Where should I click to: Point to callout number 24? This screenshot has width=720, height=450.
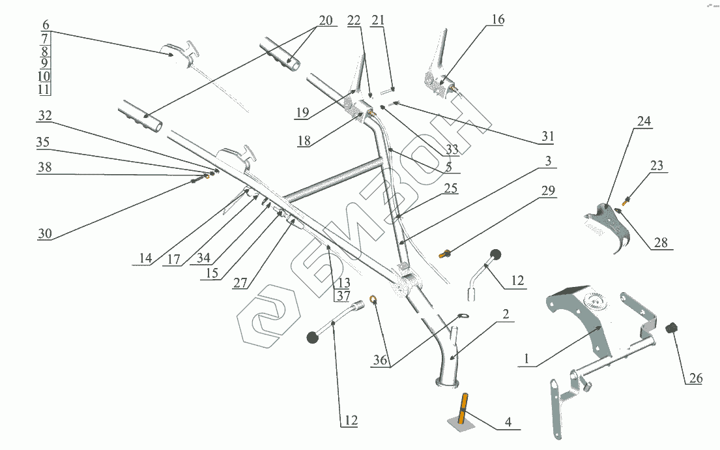[644, 121]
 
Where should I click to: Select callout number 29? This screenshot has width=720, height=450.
[548, 190]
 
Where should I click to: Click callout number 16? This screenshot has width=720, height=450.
[497, 20]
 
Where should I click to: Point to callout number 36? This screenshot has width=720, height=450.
[382, 359]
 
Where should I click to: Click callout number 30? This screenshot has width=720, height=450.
[44, 233]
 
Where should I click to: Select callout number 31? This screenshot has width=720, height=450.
[547, 136]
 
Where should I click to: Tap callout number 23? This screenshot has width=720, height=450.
[656, 166]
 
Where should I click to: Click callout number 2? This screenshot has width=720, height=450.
[505, 314]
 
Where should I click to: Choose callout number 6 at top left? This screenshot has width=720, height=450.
[45, 24]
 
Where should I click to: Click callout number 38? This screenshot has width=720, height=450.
[44, 168]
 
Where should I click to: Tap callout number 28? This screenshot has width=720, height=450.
[661, 243]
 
